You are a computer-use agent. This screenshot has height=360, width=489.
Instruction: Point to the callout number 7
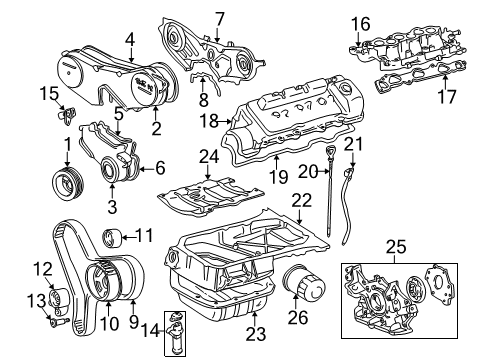(218, 17)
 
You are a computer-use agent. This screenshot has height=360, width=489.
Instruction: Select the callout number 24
(208, 155)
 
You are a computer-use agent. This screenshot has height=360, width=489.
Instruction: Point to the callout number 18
(209, 121)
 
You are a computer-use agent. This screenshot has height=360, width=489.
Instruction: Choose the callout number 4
(129, 40)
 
